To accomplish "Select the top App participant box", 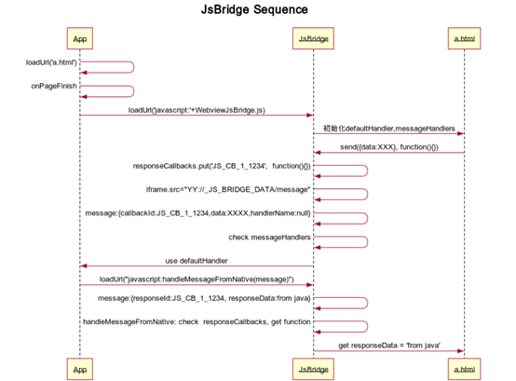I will tap(80, 39).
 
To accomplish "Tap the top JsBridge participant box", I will tap(313, 39).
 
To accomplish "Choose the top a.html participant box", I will tap(463, 39).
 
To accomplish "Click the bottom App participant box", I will tap(80, 368).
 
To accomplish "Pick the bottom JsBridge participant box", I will tap(313, 368).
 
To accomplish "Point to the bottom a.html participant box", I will tap(463, 368).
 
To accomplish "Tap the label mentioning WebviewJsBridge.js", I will tap(197, 110).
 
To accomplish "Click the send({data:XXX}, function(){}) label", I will tap(388, 146).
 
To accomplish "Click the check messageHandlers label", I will tap(269, 237).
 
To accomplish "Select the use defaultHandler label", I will tap(197, 261).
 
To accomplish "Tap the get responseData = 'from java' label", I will tap(388, 345).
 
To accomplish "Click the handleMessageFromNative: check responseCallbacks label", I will tap(197, 321).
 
